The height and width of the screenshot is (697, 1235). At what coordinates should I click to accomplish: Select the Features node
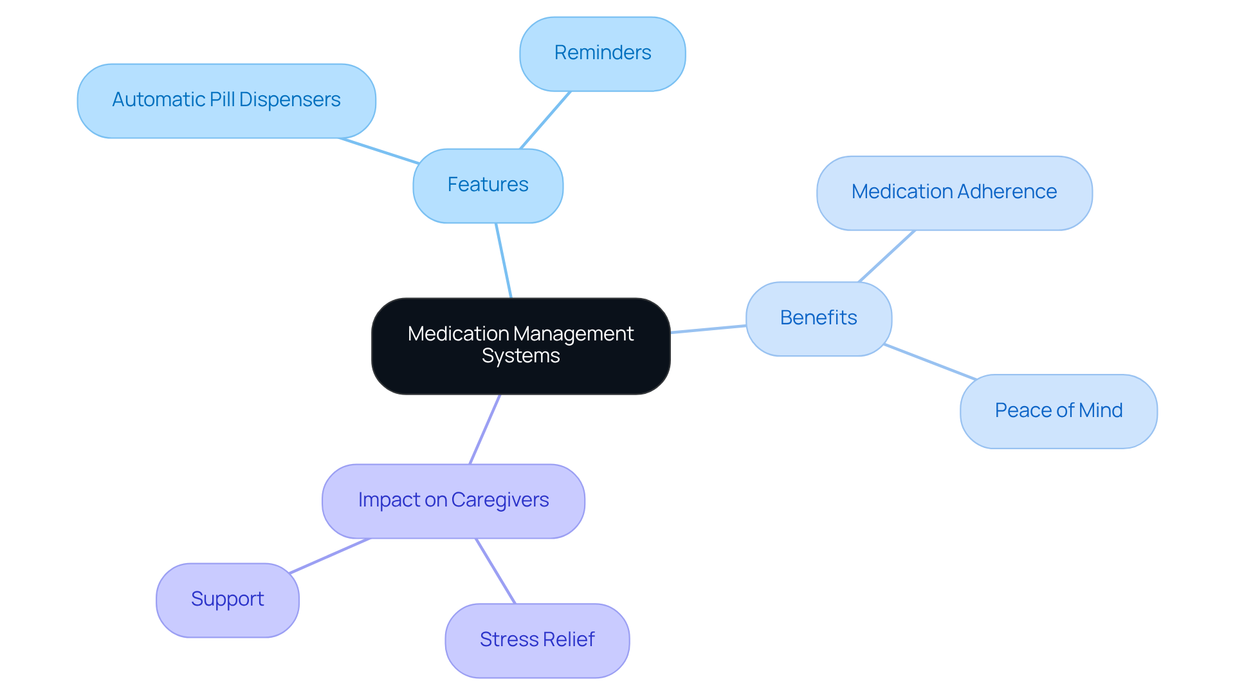(x=488, y=185)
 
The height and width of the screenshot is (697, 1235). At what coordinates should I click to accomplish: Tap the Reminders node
(x=602, y=53)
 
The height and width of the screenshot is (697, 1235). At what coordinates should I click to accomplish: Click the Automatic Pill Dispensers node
(x=226, y=100)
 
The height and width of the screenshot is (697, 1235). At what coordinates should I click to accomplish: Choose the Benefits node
(x=818, y=318)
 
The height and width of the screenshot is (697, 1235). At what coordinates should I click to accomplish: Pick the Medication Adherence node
(x=954, y=192)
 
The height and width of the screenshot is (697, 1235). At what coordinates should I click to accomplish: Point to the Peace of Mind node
(x=1058, y=411)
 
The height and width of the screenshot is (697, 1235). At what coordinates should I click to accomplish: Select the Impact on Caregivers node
(x=453, y=500)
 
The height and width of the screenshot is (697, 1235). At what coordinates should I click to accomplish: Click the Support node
(x=227, y=599)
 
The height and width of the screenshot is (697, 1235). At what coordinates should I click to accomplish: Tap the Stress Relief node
(x=537, y=640)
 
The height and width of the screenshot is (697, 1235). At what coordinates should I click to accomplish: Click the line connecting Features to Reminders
(x=545, y=120)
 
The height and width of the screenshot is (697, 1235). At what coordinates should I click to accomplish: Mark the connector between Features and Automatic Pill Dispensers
(x=380, y=151)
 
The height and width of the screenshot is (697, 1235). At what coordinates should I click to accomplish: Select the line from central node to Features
(x=504, y=260)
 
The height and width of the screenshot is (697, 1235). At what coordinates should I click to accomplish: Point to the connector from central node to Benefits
(x=708, y=329)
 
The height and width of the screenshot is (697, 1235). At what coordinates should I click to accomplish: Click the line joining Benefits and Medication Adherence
(x=887, y=256)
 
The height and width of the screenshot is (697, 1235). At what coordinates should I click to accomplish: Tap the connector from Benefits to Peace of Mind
(x=929, y=362)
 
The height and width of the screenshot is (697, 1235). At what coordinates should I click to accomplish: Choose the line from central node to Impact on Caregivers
(x=485, y=429)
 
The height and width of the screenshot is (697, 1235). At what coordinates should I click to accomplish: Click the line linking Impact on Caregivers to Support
(x=329, y=555)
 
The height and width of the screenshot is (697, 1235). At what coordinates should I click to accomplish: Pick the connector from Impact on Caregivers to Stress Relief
(x=495, y=570)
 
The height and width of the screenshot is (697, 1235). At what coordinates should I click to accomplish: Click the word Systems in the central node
(x=521, y=356)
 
